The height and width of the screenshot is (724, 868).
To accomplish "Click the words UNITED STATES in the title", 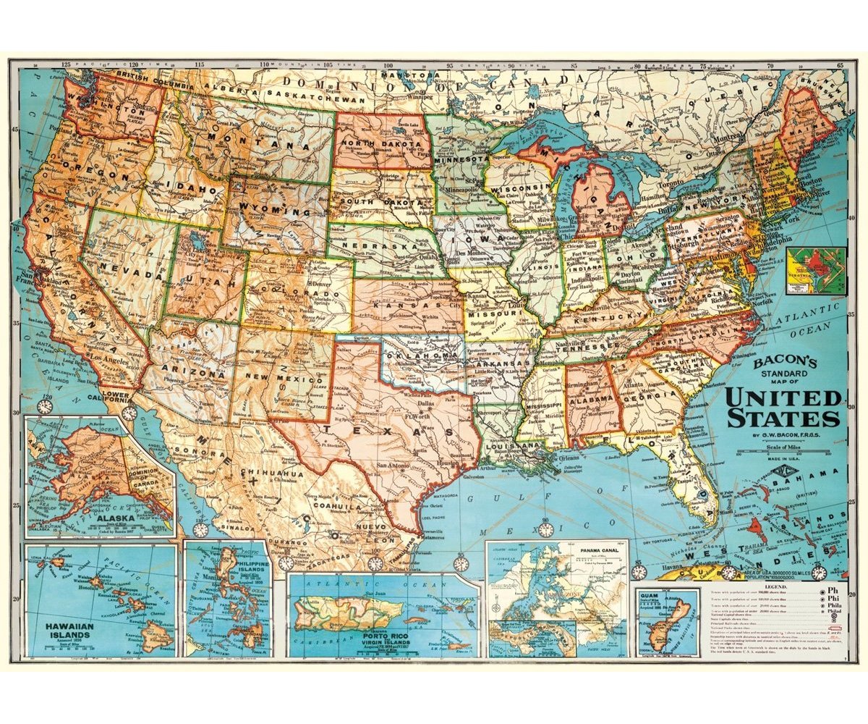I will point(783,408).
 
